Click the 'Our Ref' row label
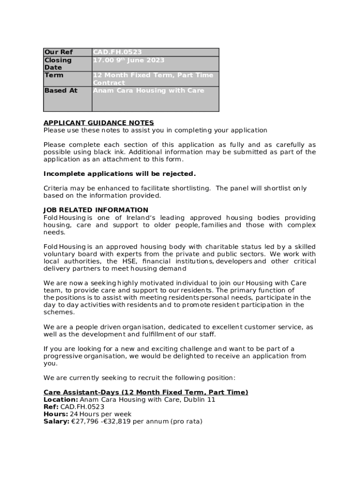[58, 52]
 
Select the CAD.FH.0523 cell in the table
[117, 52]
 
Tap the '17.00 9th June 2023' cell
[129, 60]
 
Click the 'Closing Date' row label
[58, 64]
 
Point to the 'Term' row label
[53, 75]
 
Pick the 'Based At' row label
[61, 90]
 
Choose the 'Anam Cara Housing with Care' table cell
[148, 90]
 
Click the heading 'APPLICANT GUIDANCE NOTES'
[98, 123]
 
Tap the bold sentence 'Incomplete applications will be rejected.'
[119, 174]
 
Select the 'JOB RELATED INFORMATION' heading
[96, 210]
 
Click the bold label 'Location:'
[61, 400]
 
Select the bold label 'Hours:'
[56, 414]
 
